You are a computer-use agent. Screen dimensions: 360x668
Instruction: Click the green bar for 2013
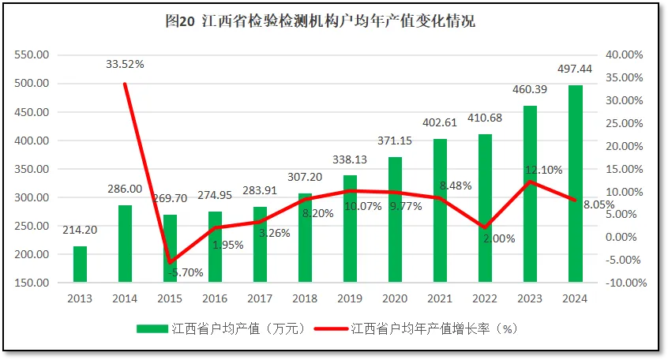point(80,264)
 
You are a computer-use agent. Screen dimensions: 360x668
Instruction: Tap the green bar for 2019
point(350,228)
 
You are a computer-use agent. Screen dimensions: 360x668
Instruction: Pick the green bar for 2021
point(440,210)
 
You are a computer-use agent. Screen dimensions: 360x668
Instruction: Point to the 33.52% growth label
point(125,64)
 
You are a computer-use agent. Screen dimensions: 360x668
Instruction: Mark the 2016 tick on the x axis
point(215,298)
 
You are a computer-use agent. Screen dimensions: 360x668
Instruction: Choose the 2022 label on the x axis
point(485,298)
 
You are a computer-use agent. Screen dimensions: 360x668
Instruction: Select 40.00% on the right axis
point(626,54)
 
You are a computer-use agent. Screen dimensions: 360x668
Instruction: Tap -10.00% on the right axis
point(625,283)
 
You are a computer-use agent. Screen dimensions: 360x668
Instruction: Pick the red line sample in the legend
point(332,328)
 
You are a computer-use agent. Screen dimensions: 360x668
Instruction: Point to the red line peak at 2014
point(125,84)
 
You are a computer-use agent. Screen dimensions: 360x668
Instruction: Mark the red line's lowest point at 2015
point(170,262)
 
